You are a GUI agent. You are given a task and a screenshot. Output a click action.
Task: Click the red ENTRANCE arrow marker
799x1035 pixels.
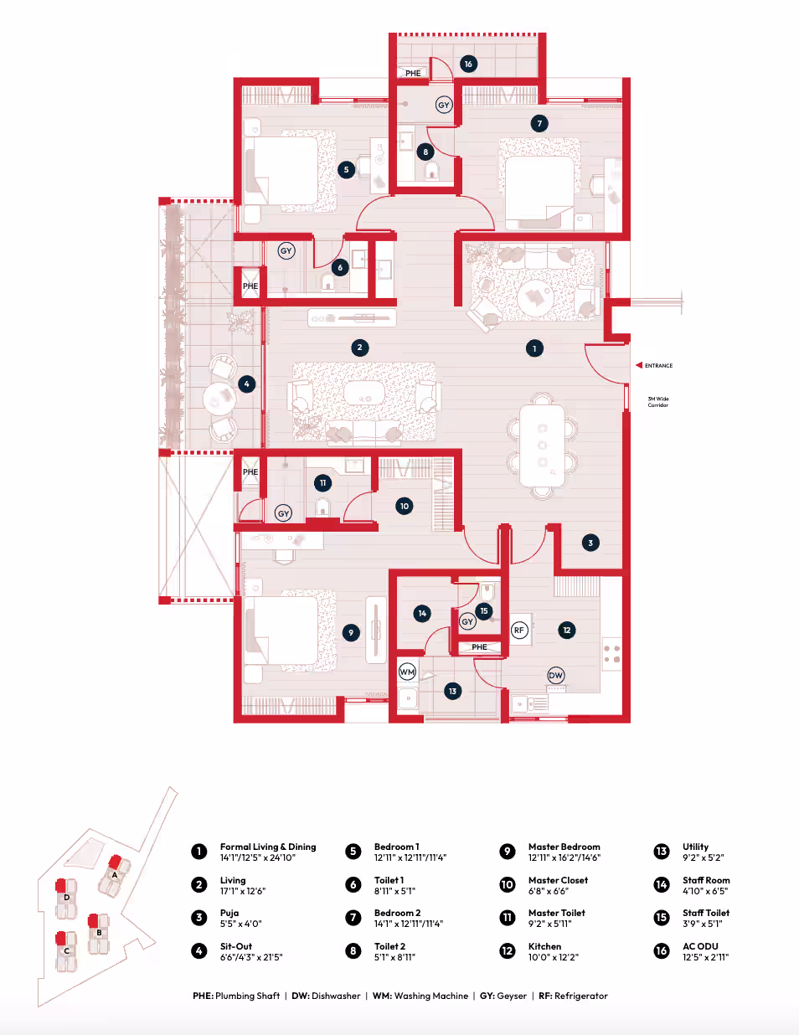click(639, 365)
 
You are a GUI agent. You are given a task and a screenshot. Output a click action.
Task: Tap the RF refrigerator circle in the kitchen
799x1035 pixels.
click(518, 631)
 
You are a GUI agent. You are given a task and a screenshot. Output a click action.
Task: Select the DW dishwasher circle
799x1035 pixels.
click(555, 675)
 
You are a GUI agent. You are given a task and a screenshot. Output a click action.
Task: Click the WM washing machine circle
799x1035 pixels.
click(407, 672)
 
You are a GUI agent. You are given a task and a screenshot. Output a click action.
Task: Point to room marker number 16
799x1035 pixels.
click(468, 64)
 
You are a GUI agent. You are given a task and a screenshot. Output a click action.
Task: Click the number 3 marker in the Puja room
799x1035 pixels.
click(590, 543)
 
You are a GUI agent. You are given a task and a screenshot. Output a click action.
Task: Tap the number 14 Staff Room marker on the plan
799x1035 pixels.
click(422, 614)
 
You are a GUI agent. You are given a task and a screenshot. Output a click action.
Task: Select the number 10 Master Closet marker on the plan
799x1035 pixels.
click(405, 506)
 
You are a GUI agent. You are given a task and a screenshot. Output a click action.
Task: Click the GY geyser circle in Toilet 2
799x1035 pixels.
click(444, 105)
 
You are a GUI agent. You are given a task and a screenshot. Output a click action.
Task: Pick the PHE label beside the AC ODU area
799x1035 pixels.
click(413, 74)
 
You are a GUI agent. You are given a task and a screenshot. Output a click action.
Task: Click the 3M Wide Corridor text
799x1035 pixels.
click(658, 402)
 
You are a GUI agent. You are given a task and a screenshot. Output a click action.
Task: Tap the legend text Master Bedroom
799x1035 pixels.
click(564, 847)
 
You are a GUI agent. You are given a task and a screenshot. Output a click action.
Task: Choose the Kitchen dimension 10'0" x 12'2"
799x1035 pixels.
click(554, 957)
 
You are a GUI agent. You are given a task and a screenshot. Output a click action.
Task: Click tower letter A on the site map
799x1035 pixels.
click(114, 874)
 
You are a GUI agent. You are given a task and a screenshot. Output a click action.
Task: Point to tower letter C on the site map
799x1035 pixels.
click(67, 951)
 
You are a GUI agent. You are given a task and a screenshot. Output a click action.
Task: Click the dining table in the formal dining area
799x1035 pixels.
click(543, 445)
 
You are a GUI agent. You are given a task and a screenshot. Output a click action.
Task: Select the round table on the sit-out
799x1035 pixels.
click(219, 399)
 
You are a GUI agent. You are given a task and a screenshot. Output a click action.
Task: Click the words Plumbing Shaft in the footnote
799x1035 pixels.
click(247, 996)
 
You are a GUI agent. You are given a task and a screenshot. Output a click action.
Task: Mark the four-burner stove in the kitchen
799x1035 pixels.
click(611, 654)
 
